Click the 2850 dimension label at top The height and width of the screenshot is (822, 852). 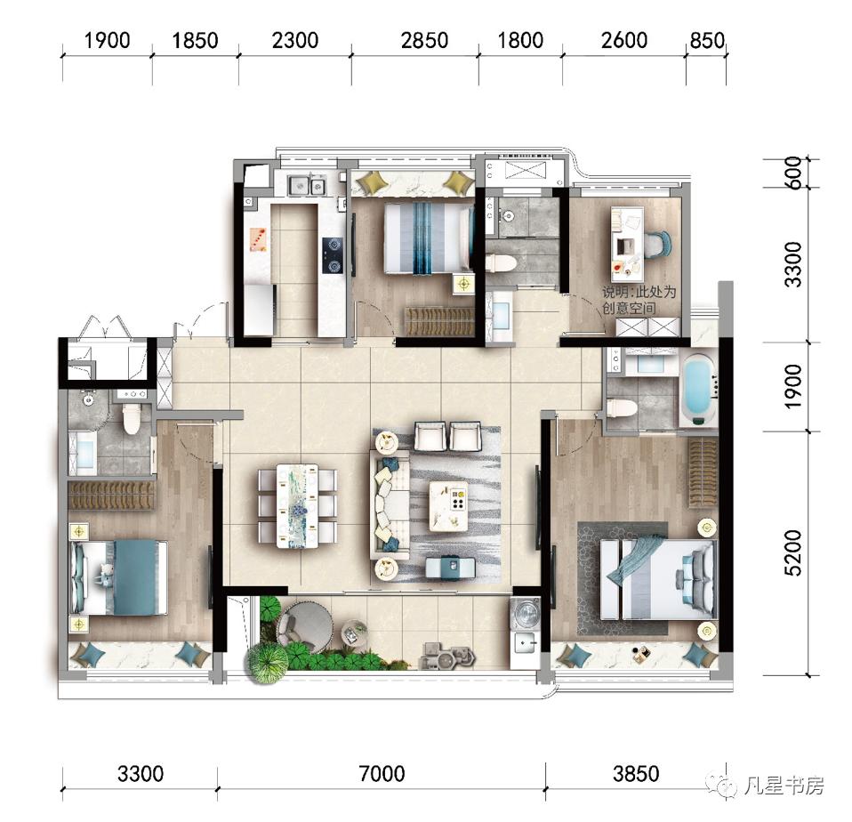pyautogui.click(x=424, y=40)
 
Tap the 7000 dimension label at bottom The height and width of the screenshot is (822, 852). pyautogui.click(x=382, y=773)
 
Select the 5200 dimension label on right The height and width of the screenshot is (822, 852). pyautogui.click(x=793, y=552)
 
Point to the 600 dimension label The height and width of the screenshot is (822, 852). pyautogui.click(x=793, y=173)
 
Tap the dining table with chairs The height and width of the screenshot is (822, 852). pyautogui.click(x=297, y=505)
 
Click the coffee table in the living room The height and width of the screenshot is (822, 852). pyautogui.click(x=448, y=506)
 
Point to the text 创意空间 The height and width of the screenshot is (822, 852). pyautogui.click(x=629, y=308)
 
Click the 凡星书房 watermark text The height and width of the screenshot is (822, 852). pyautogui.click(x=784, y=786)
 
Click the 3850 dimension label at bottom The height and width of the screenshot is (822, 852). pyautogui.click(x=636, y=773)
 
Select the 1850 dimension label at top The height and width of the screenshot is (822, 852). pyautogui.click(x=195, y=40)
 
